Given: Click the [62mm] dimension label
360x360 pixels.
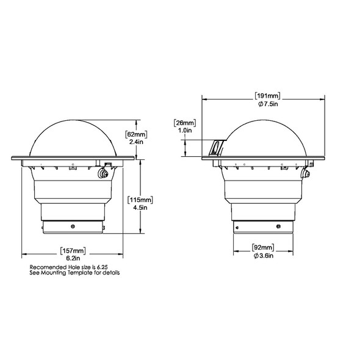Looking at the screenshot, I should (135, 134).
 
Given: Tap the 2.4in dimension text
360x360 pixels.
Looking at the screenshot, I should (135, 142).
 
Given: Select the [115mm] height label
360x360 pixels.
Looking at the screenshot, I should (140, 200).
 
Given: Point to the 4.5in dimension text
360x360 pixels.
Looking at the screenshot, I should (140, 208).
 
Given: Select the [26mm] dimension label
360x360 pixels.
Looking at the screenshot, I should (184, 122).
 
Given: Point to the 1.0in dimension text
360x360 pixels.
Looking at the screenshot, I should (184, 131).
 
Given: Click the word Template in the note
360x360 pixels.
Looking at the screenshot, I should (79, 273).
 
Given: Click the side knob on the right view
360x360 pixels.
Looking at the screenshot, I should (306, 176).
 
